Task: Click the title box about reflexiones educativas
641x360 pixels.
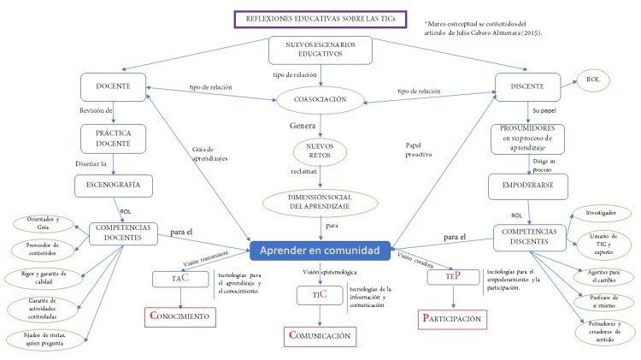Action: click(x=316, y=21)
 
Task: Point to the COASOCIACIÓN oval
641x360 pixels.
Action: click(x=320, y=99)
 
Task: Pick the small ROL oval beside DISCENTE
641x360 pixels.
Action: click(x=593, y=80)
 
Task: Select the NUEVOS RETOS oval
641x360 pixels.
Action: click(x=319, y=152)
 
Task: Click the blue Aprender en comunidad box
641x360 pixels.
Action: click(x=320, y=251)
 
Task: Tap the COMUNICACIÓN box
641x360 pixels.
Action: click(x=320, y=335)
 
